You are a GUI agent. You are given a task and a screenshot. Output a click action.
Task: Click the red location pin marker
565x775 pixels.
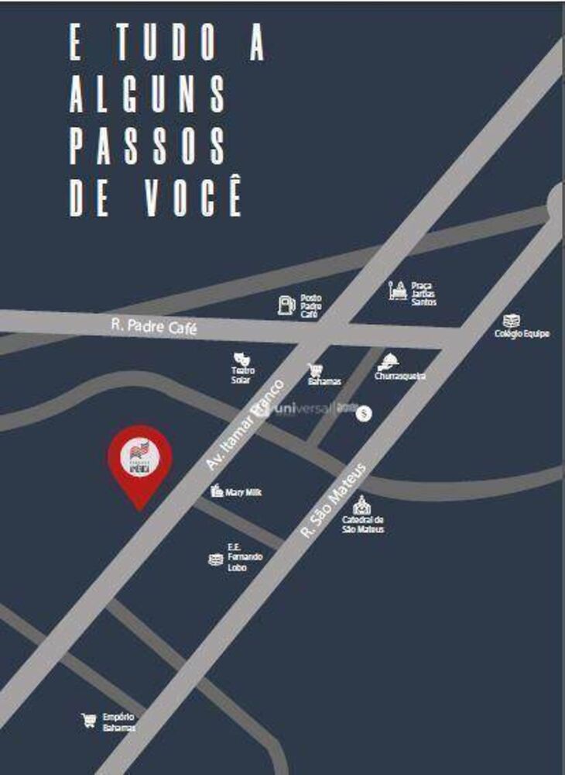click(x=139, y=460)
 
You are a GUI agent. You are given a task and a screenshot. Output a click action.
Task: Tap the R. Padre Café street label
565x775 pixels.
click(x=154, y=328)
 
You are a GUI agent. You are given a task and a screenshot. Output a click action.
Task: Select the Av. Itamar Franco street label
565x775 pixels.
click(x=247, y=424)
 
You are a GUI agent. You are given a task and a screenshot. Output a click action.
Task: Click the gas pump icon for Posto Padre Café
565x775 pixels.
click(x=286, y=305)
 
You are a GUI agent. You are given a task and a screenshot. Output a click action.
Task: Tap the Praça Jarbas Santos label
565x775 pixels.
click(x=424, y=293)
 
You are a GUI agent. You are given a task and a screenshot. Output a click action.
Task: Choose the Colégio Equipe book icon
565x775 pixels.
click(x=511, y=320)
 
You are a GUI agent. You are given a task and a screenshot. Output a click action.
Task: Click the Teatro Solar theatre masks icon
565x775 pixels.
click(x=241, y=359)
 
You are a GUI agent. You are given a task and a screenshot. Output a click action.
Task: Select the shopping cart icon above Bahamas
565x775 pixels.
click(x=315, y=370)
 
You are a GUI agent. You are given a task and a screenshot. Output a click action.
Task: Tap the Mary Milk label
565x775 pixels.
click(x=243, y=491)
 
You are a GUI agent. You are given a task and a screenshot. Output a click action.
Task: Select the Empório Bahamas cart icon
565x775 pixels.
click(x=89, y=721)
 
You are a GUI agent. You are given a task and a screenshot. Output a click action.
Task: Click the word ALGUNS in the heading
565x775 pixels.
click(x=147, y=95)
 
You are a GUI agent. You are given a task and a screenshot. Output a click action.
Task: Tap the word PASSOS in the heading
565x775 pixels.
click(x=147, y=146)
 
